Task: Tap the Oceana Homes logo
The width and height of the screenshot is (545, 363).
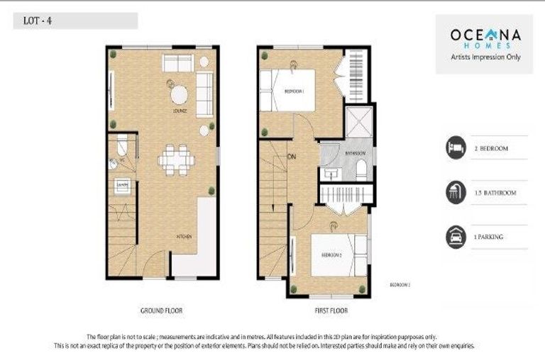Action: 484,36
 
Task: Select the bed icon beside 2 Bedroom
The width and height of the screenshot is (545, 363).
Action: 456,148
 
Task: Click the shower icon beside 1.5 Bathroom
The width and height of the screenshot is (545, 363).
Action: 456,192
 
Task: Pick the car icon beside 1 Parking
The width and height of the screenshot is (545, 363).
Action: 456,237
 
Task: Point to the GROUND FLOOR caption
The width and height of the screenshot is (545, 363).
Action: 163,311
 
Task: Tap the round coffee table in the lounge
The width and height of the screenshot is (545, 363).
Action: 179,94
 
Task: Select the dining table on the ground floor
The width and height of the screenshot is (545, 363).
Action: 177,160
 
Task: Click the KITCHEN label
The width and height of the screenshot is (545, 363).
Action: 184,236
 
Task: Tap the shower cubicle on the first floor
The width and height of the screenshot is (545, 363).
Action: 358,123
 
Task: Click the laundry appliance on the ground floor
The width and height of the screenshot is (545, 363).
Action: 122,186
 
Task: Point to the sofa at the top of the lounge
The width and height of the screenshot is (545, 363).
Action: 177,62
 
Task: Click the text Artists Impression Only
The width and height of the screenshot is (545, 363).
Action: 485,57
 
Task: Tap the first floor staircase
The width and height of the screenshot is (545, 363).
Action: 273,206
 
